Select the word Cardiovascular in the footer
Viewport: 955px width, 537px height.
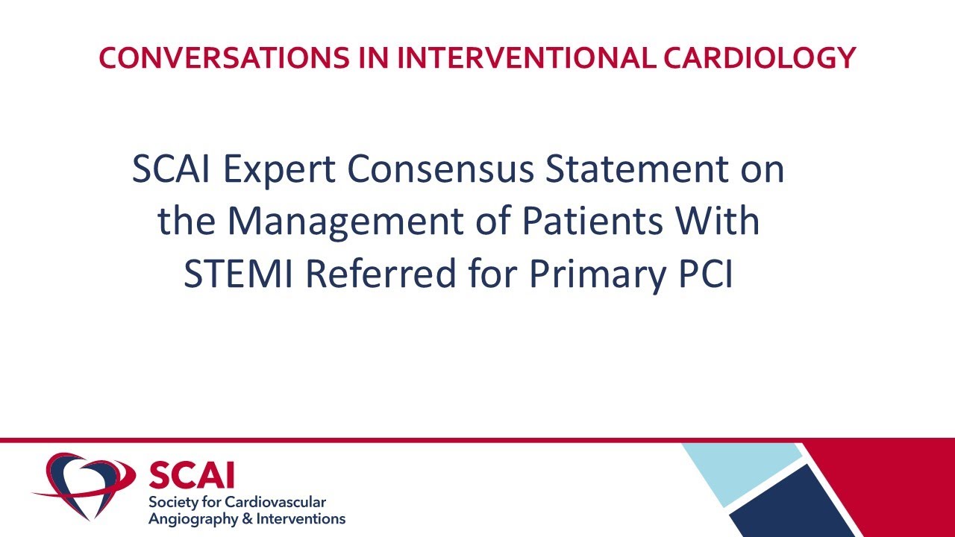284,502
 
